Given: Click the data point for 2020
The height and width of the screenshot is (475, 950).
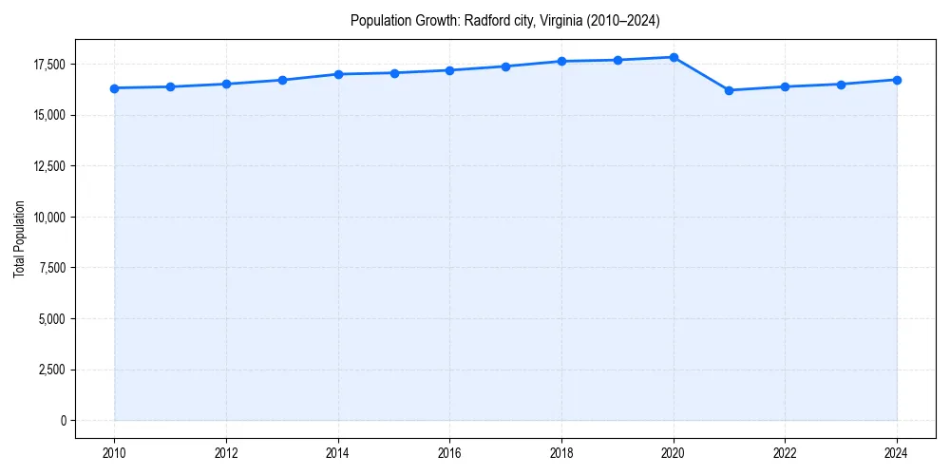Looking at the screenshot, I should pyautogui.click(x=674, y=57).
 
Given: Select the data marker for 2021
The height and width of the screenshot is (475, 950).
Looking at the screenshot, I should pyautogui.click(x=729, y=90).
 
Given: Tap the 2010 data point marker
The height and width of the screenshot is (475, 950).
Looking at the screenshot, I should pyautogui.click(x=114, y=88).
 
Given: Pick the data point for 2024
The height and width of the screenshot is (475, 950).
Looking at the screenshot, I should pyautogui.click(x=897, y=80).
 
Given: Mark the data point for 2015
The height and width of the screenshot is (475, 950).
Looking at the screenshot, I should pyautogui.click(x=394, y=73).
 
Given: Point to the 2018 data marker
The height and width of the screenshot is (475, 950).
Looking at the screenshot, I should pyautogui.click(x=561, y=61).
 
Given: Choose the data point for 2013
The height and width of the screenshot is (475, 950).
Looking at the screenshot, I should pyautogui.click(x=282, y=80).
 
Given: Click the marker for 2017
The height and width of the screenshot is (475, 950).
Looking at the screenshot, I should pyautogui.click(x=505, y=66).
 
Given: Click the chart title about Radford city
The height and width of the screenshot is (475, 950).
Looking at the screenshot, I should pyautogui.click(x=504, y=20).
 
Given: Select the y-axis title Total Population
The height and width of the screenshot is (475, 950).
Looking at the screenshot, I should pyautogui.click(x=19, y=238).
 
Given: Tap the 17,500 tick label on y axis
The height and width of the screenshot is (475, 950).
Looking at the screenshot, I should pyautogui.click(x=47, y=65).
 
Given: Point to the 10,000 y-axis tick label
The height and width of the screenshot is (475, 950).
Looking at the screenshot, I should pyautogui.click(x=47, y=217).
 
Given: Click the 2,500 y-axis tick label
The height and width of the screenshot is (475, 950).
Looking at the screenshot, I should pyautogui.click(x=50, y=370).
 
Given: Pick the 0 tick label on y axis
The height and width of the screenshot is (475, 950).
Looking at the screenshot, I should pyautogui.click(x=63, y=420).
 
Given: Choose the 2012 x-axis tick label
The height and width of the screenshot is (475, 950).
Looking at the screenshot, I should pyautogui.click(x=226, y=453).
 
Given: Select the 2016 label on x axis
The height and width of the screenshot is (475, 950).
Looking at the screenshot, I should pyautogui.click(x=450, y=453).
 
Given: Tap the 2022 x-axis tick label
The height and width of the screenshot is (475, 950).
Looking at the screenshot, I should pyautogui.click(x=785, y=453).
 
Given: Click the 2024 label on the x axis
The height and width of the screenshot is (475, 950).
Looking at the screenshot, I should pyautogui.click(x=897, y=453).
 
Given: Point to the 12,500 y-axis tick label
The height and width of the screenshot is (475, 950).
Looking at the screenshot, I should pyautogui.click(x=47, y=166).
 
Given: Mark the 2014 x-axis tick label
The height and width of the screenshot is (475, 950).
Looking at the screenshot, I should pyautogui.click(x=338, y=453).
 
